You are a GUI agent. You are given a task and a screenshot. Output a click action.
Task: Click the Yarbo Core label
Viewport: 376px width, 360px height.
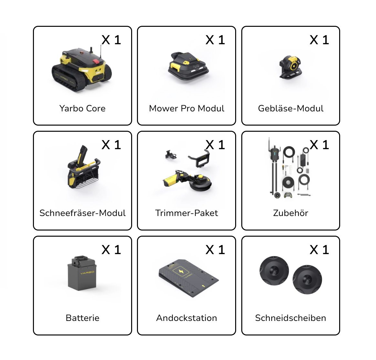point(82,108)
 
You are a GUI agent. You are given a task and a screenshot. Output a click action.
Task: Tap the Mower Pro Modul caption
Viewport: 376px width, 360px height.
point(187,108)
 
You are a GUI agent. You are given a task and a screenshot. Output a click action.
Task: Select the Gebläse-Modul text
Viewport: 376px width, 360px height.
point(291,108)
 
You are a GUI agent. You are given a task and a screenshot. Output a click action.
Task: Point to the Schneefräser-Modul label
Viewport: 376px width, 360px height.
point(82,213)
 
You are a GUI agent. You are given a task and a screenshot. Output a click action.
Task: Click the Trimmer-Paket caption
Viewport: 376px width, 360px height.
point(187,213)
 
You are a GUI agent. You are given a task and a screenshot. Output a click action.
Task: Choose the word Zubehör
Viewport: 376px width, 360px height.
point(291,213)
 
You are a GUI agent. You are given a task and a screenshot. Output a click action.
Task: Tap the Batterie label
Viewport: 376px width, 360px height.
point(82,318)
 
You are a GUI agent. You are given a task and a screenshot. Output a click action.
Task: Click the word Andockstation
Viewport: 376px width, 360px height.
point(187,318)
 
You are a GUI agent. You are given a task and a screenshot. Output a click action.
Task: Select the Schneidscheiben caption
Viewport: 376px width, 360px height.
point(291,318)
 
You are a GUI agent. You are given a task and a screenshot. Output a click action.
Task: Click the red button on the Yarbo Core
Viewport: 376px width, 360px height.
point(96,61)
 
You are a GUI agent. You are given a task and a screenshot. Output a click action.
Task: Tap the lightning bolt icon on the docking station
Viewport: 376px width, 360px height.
point(181,272)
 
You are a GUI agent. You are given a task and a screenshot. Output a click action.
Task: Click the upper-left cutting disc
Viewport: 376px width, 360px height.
point(274,271)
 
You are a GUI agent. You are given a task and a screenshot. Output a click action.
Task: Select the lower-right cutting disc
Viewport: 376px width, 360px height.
point(307,280)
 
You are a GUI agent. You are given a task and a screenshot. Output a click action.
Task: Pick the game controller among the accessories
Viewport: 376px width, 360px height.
point(288,195)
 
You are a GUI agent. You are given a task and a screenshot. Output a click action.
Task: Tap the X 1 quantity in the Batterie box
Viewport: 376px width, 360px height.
point(111,250)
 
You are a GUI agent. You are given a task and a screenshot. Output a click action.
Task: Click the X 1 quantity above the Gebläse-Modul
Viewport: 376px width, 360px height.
point(319,40)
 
